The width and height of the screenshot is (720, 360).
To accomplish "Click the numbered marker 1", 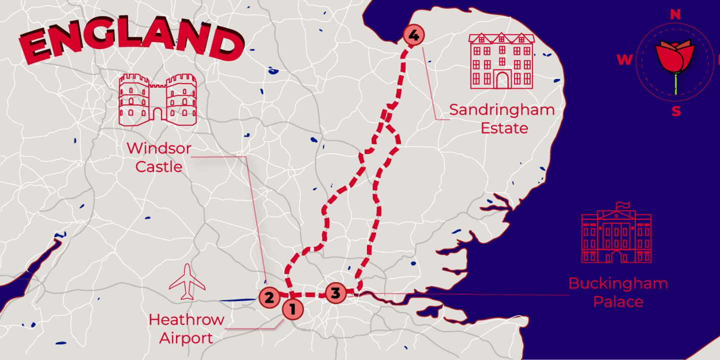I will coord(292,309).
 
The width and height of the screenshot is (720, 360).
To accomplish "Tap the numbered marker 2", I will coord(269,298).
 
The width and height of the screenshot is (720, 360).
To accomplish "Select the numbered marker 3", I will coord(335,293).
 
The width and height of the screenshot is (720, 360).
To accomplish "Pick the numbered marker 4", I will coord(413,35).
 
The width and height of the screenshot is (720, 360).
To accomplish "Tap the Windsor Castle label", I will coord(159,157).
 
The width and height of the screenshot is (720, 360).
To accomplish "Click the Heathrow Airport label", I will coord(186,328).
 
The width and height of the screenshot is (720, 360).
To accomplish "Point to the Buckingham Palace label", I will coord(618,292).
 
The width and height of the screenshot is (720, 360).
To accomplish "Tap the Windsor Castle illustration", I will coord(157,99).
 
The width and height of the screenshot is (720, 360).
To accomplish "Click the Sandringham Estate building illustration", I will coord(501,60).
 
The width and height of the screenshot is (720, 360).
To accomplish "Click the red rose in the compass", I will coord(675,56).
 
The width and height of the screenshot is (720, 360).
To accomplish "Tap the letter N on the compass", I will coord(675,14).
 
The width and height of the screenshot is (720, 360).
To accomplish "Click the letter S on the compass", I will coord(676,111).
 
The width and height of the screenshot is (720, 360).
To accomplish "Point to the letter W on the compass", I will coord(624,60).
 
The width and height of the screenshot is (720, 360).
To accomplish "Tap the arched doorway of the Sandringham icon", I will coord(501,79).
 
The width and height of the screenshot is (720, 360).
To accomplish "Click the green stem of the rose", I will coord(675,84).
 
